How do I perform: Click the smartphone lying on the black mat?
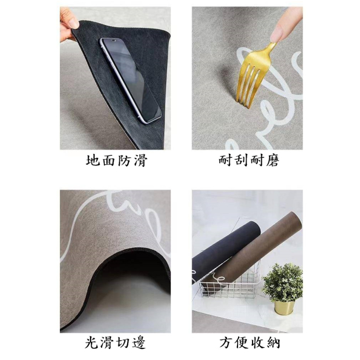click(x=130, y=80)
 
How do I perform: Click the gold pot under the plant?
click(x=285, y=308)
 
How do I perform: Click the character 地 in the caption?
click(x=93, y=160)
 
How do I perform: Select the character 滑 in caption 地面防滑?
click(x=141, y=160)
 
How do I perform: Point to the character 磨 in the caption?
click(x=272, y=160)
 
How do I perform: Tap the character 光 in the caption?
click(x=92, y=343)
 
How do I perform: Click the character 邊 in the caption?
click(x=139, y=343)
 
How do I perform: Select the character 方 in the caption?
click(x=226, y=343)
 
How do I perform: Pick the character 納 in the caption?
click(x=273, y=343)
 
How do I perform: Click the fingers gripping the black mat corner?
click(x=68, y=24)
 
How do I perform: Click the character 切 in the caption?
click(x=124, y=343)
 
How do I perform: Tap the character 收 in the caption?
click(x=257, y=343)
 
